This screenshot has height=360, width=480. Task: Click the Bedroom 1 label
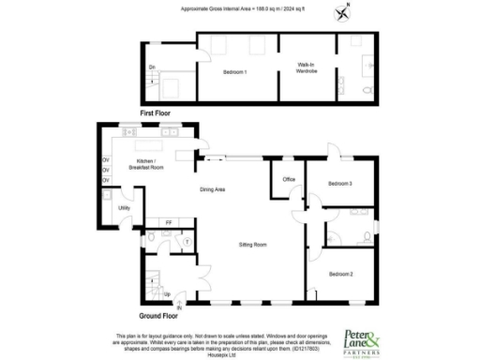click(234, 72)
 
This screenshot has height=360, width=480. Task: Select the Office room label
click(289, 179)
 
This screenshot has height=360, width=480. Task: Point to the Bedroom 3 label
click(339, 183)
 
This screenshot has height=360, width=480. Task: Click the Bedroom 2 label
click(339, 273)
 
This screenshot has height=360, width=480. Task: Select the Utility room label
click(124, 207)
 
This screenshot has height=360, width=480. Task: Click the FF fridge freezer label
click(168, 222)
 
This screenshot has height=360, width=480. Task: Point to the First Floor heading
click(159, 112)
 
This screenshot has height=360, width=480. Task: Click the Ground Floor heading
click(158, 317)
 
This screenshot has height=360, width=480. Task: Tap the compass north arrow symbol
click(343, 12)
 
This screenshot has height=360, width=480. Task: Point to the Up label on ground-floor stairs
click(167, 295)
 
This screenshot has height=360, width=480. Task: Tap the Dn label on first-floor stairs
click(153, 67)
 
